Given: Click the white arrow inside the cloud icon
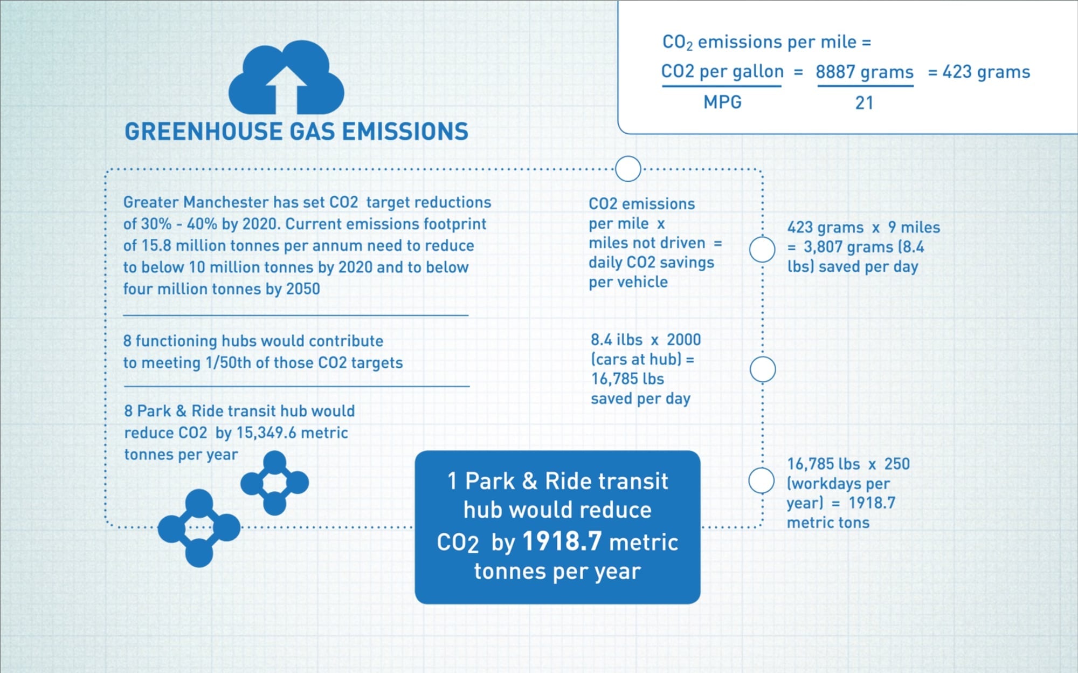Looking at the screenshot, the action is click(286, 90).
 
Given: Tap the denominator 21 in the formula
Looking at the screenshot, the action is click(864, 102).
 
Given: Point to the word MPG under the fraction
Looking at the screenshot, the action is click(722, 102).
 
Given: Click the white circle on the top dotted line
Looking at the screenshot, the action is click(628, 169).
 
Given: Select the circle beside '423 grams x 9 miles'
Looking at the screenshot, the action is click(762, 250).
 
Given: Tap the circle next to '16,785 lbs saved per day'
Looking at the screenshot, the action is click(763, 369).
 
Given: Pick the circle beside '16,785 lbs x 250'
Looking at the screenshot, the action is click(762, 480).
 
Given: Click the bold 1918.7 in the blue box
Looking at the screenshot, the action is click(562, 541).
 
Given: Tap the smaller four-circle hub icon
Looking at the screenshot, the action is click(274, 483).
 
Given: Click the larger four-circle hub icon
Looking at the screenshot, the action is click(199, 528).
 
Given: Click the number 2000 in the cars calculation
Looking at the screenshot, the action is click(683, 340).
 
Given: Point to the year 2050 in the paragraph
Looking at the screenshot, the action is click(303, 289).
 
